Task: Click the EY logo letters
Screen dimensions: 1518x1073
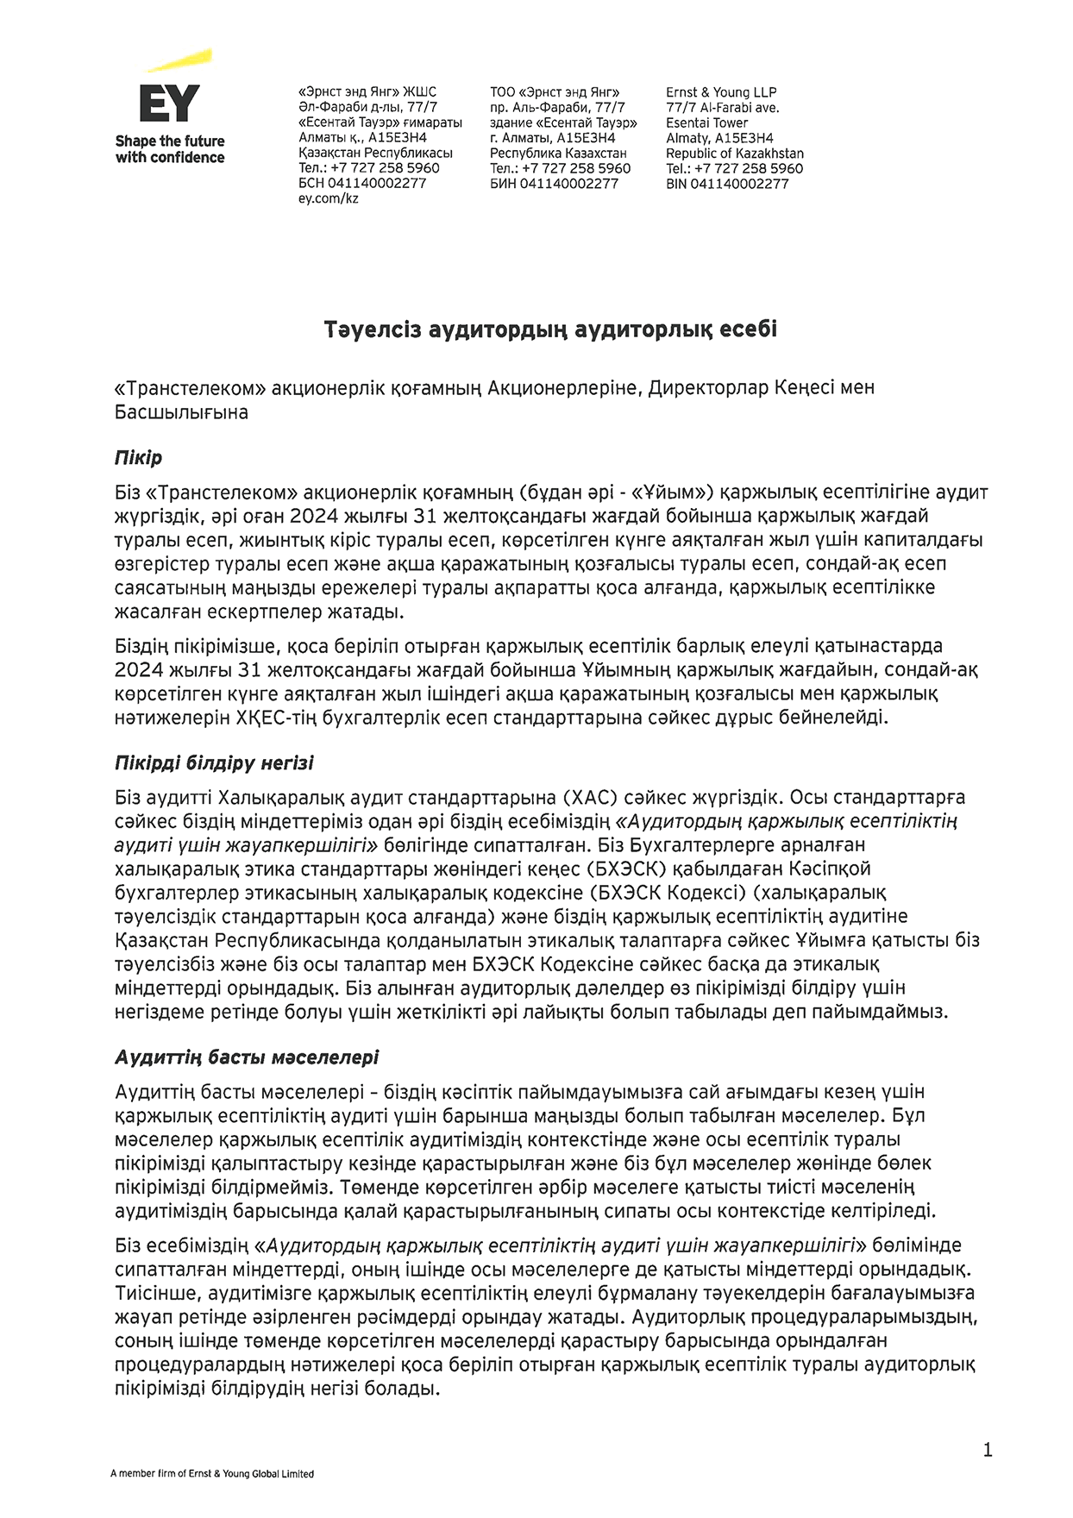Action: (169, 103)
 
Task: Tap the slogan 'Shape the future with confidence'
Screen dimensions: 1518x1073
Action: (170, 149)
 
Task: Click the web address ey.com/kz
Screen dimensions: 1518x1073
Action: (328, 198)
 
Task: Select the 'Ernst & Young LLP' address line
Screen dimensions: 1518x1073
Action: (721, 92)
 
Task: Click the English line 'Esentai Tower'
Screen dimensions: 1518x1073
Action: (706, 122)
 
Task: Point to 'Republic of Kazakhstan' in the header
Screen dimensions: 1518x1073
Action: (734, 154)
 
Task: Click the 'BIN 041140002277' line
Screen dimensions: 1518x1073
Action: (727, 184)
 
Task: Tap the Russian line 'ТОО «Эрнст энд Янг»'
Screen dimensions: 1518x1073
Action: (555, 92)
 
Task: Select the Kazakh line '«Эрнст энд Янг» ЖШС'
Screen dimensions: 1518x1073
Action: (367, 92)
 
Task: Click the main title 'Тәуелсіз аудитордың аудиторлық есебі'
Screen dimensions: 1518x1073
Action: (550, 329)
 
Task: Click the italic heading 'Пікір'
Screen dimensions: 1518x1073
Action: (138, 457)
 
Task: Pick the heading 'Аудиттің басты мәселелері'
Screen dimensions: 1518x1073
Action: (247, 1057)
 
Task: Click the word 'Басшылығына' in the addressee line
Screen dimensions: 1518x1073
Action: (181, 412)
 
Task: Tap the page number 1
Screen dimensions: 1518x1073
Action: (988, 1450)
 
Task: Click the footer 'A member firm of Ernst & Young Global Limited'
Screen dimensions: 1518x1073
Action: (212, 1474)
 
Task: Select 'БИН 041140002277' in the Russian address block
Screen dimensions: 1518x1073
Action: (554, 184)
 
